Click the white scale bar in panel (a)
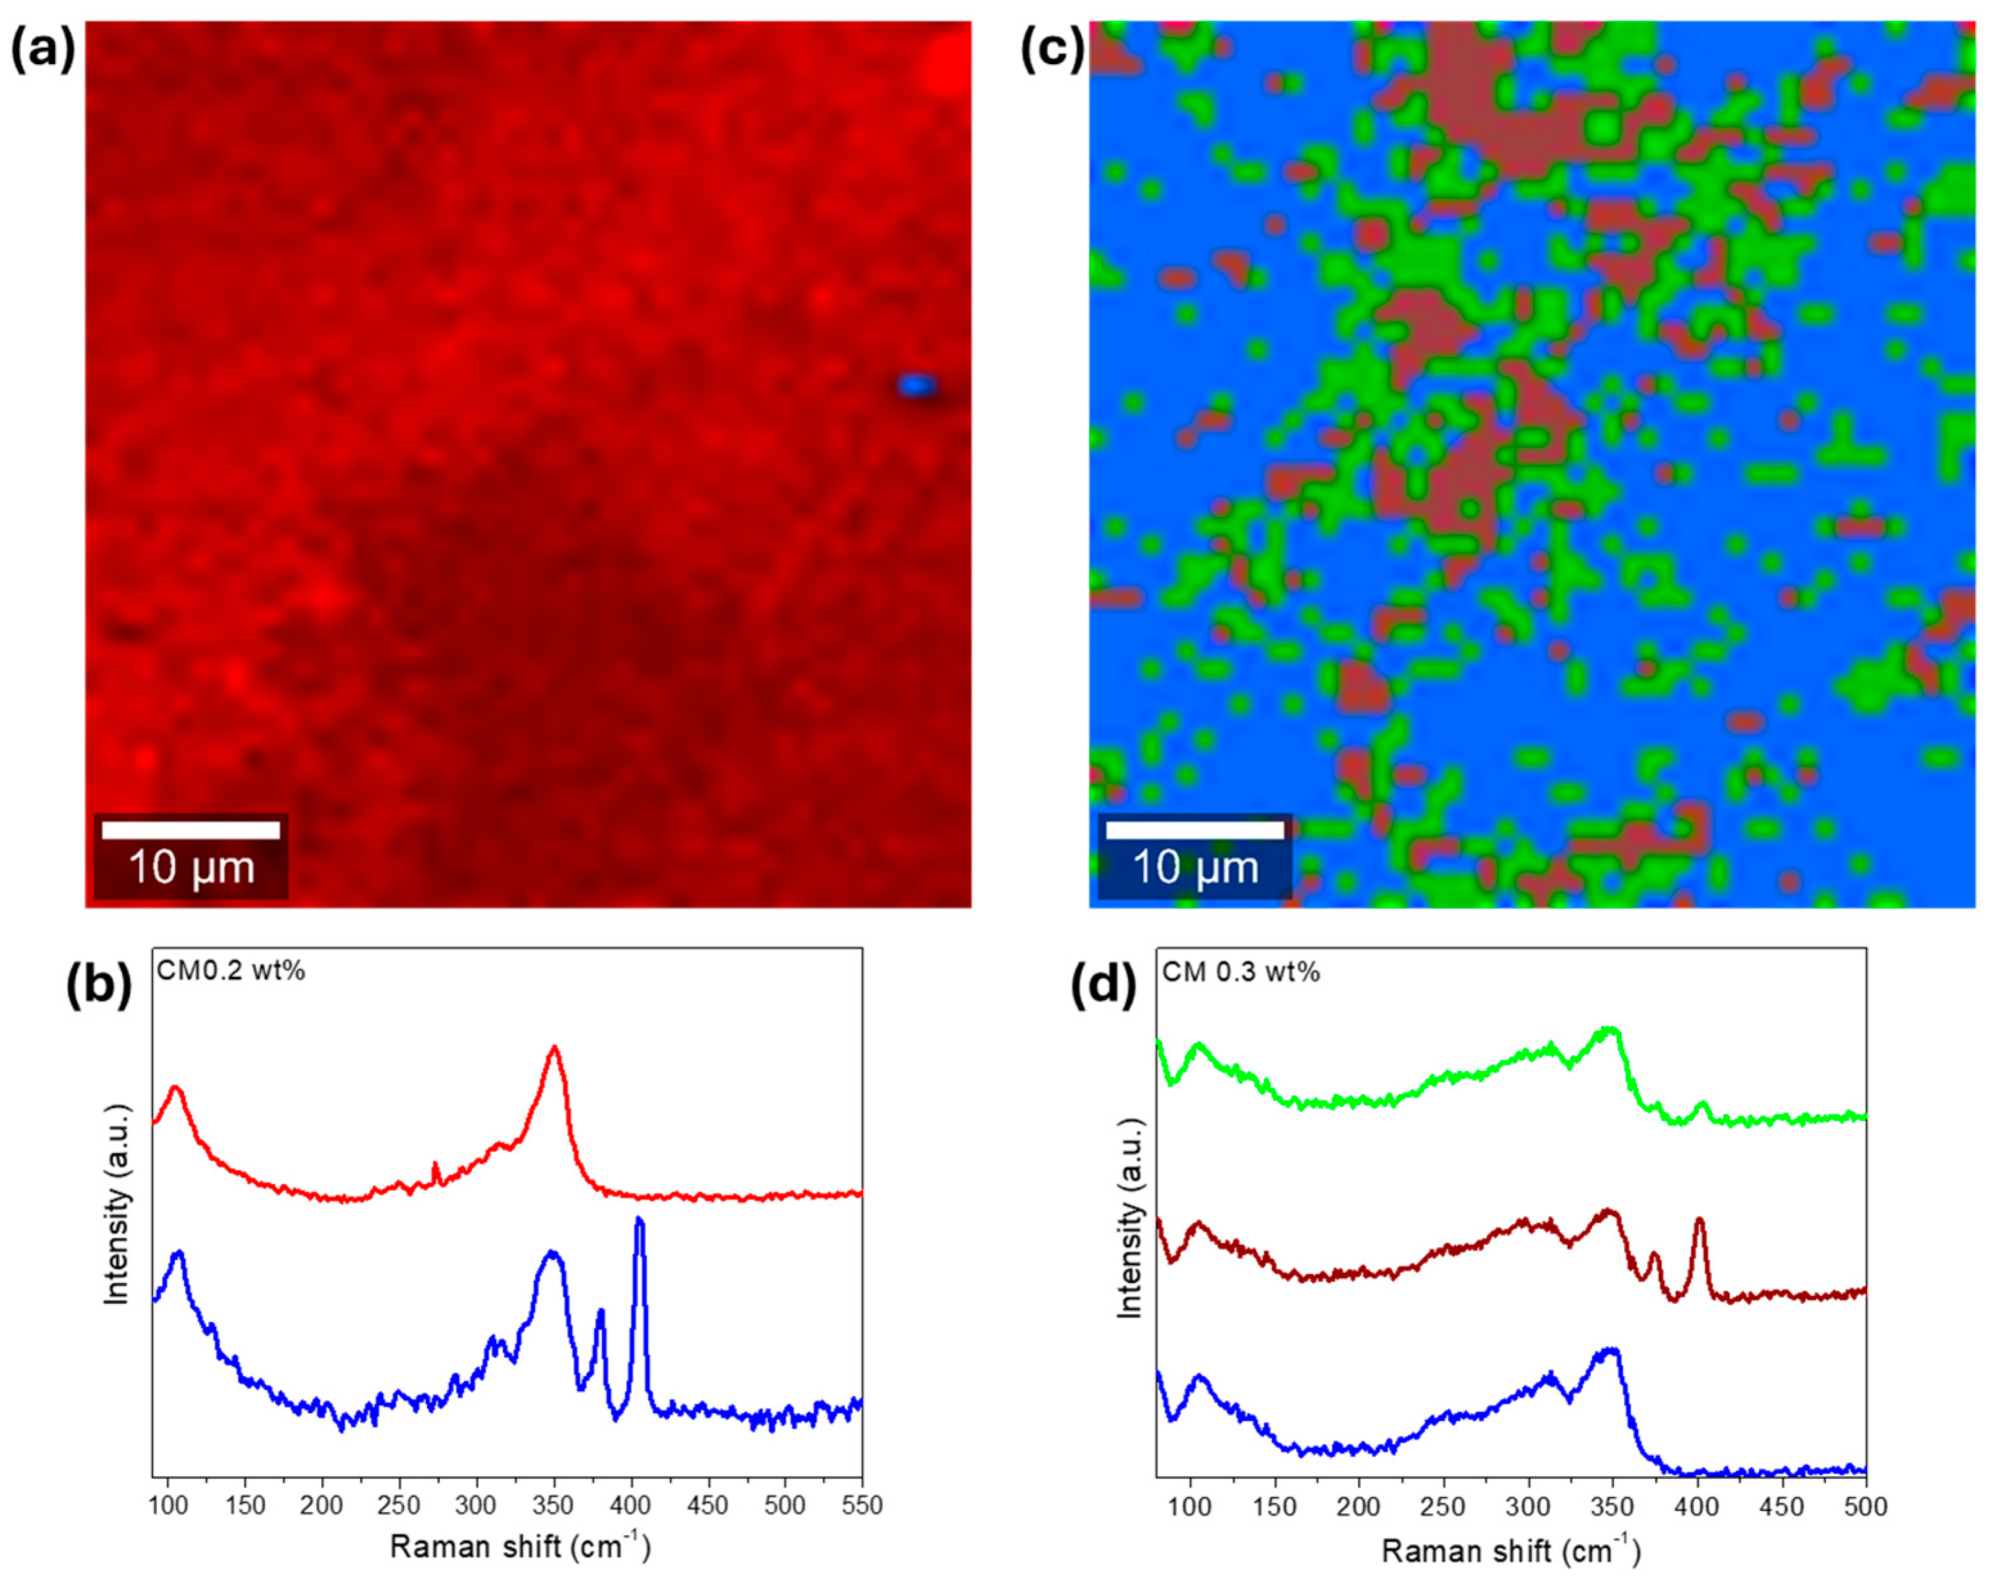(x=190, y=830)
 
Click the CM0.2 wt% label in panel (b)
(x=231, y=971)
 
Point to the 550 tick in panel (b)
(x=863, y=1505)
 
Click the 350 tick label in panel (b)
(x=553, y=1505)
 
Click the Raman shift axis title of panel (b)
(x=520, y=1546)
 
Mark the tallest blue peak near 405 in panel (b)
(x=638, y=1222)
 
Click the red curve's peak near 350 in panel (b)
(x=554, y=1049)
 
